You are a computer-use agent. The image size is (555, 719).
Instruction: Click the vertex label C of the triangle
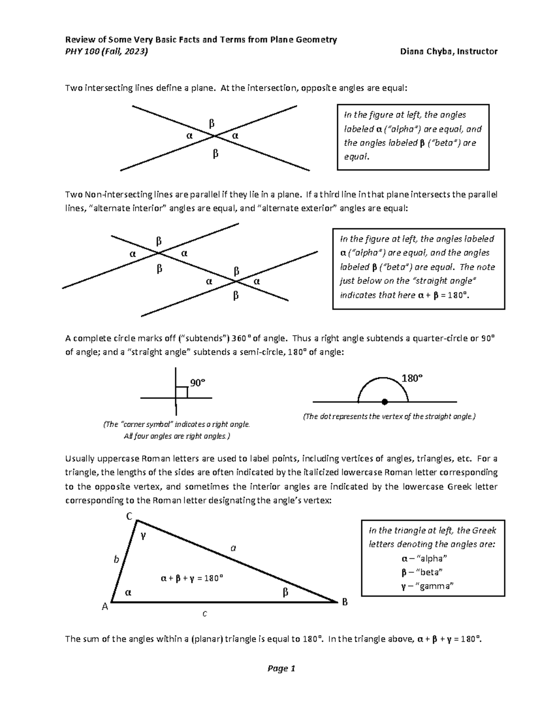129,516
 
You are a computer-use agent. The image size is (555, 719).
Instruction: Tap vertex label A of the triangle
105,606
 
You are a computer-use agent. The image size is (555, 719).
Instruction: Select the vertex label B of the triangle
344,602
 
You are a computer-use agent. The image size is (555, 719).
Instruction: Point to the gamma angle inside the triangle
143,536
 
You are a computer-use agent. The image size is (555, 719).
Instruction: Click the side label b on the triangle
117,559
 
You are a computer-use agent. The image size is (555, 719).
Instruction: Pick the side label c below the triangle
204,614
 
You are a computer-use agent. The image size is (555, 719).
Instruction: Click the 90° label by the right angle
197,383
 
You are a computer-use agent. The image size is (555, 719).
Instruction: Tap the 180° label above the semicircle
412,378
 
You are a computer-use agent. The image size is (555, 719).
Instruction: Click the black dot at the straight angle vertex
384,401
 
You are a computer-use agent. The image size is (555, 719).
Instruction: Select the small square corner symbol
182,393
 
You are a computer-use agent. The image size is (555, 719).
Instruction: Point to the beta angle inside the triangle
285,592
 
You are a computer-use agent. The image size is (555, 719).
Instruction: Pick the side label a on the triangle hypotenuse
234,548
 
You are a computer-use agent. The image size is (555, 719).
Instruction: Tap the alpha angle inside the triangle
128,592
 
